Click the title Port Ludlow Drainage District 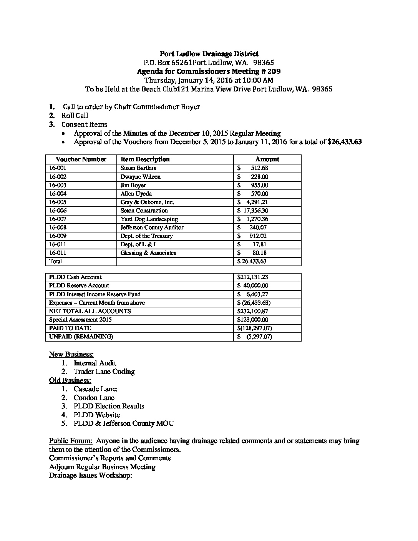[209, 54]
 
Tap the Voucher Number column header [81, 159]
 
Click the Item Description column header [145, 159]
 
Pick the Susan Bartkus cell [138, 168]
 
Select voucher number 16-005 [58, 202]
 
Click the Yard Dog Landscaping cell [149, 219]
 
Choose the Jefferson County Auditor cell [152, 227]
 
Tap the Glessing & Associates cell [148, 253]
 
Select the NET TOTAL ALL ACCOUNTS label [90, 311]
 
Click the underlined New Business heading [71, 354]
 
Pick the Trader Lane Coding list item [104, 372]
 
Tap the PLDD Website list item [97, 415]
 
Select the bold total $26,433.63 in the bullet [345, 142]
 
